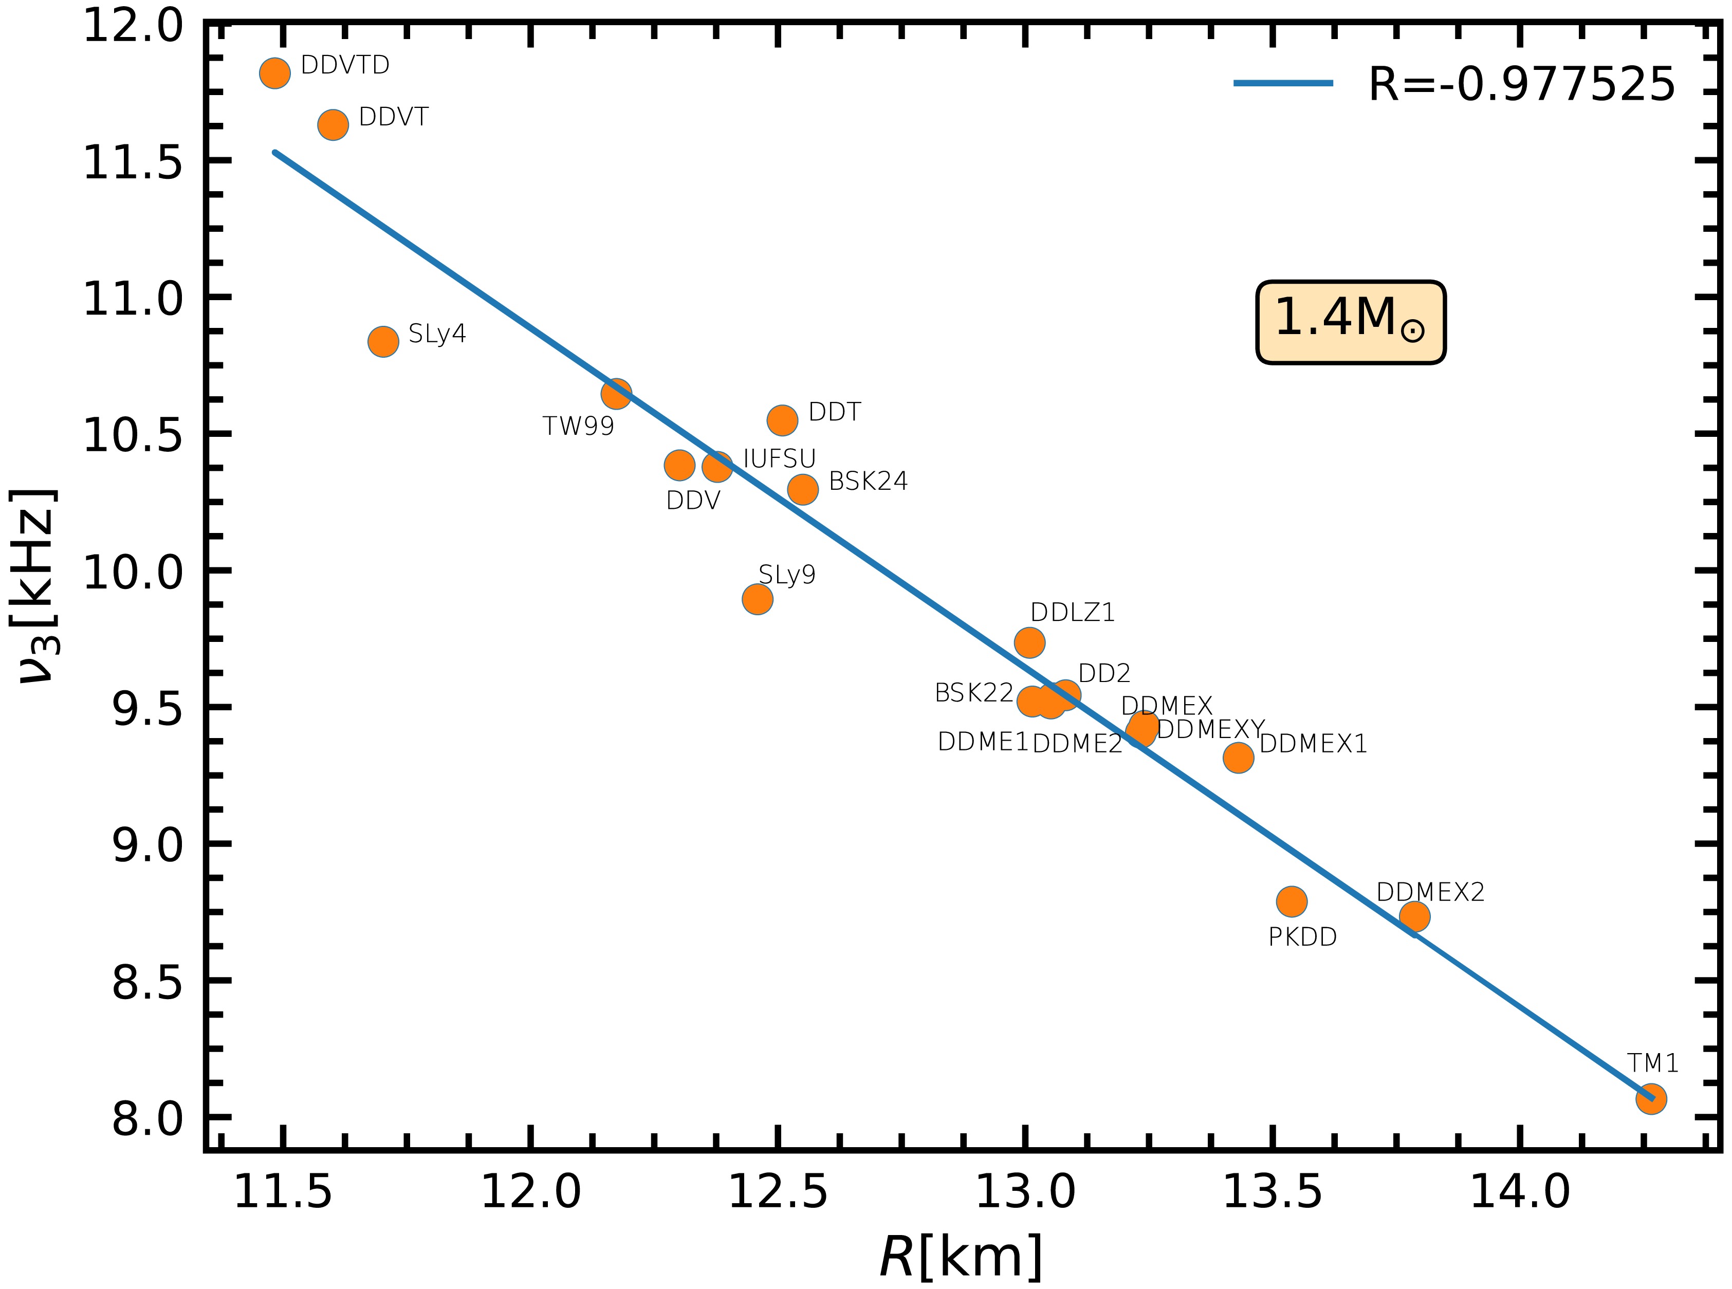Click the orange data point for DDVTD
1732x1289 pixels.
click(274, 72)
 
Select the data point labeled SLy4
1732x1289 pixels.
click(383, 341)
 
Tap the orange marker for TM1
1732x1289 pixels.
click(1651, 1099)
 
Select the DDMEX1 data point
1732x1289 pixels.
click(1238, 757)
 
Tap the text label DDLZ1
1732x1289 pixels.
click(1073, 613)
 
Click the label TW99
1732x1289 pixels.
click(578, 426)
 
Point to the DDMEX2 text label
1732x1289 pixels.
click(1430, 892)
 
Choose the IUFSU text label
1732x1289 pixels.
click(779, 459)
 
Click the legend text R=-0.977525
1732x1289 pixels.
click(1521, 84)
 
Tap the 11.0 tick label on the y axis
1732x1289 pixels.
click(133, 298)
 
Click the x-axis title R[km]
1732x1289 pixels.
click(961, 1256)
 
